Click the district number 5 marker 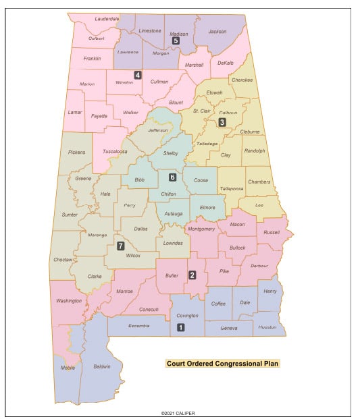click(x=176, y=41)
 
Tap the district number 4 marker click(x=138, y=75)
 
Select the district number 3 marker click(x=222, y=122)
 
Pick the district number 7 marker click(x=120, y=246)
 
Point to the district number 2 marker click(x=192, y=275)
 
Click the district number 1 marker click(x=180, y=328)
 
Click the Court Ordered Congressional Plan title click(x=223, y=364)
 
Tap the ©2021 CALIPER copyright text click(x=180, y=413)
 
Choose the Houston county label click(x=267, y=327)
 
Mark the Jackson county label click(x=217, y=31)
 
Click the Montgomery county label click(x=201, y=229)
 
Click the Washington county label click(x=69, y=301)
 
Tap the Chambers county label click(x=259, y=181)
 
